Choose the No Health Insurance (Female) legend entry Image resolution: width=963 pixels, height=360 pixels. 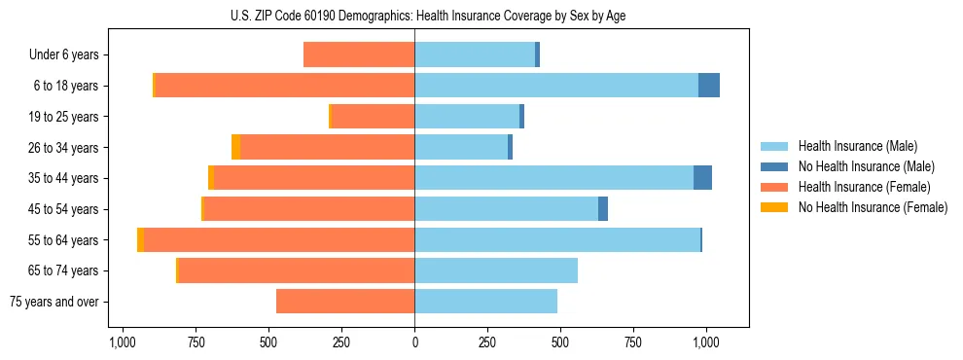(873, 207)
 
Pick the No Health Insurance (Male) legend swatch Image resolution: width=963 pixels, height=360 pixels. (775, 166)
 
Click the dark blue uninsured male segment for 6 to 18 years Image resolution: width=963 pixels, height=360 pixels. (709, 86)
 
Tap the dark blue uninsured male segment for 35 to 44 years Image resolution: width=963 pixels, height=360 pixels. (702, 178)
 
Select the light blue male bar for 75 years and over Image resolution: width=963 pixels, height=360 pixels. (485, 302)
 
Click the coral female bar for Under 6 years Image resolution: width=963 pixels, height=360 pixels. (359, 54)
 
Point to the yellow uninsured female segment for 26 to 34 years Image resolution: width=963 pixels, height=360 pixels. (236, 147)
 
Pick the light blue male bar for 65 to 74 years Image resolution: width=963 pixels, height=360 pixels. (496, 270)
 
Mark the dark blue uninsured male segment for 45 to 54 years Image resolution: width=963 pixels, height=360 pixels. (603, 209)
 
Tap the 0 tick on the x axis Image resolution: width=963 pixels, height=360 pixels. (414, 342)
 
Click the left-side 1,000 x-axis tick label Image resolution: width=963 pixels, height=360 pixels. (122, 342)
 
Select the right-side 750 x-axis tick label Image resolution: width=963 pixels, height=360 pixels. (633, 342)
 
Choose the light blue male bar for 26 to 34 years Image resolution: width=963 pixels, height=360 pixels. (461, 147)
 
